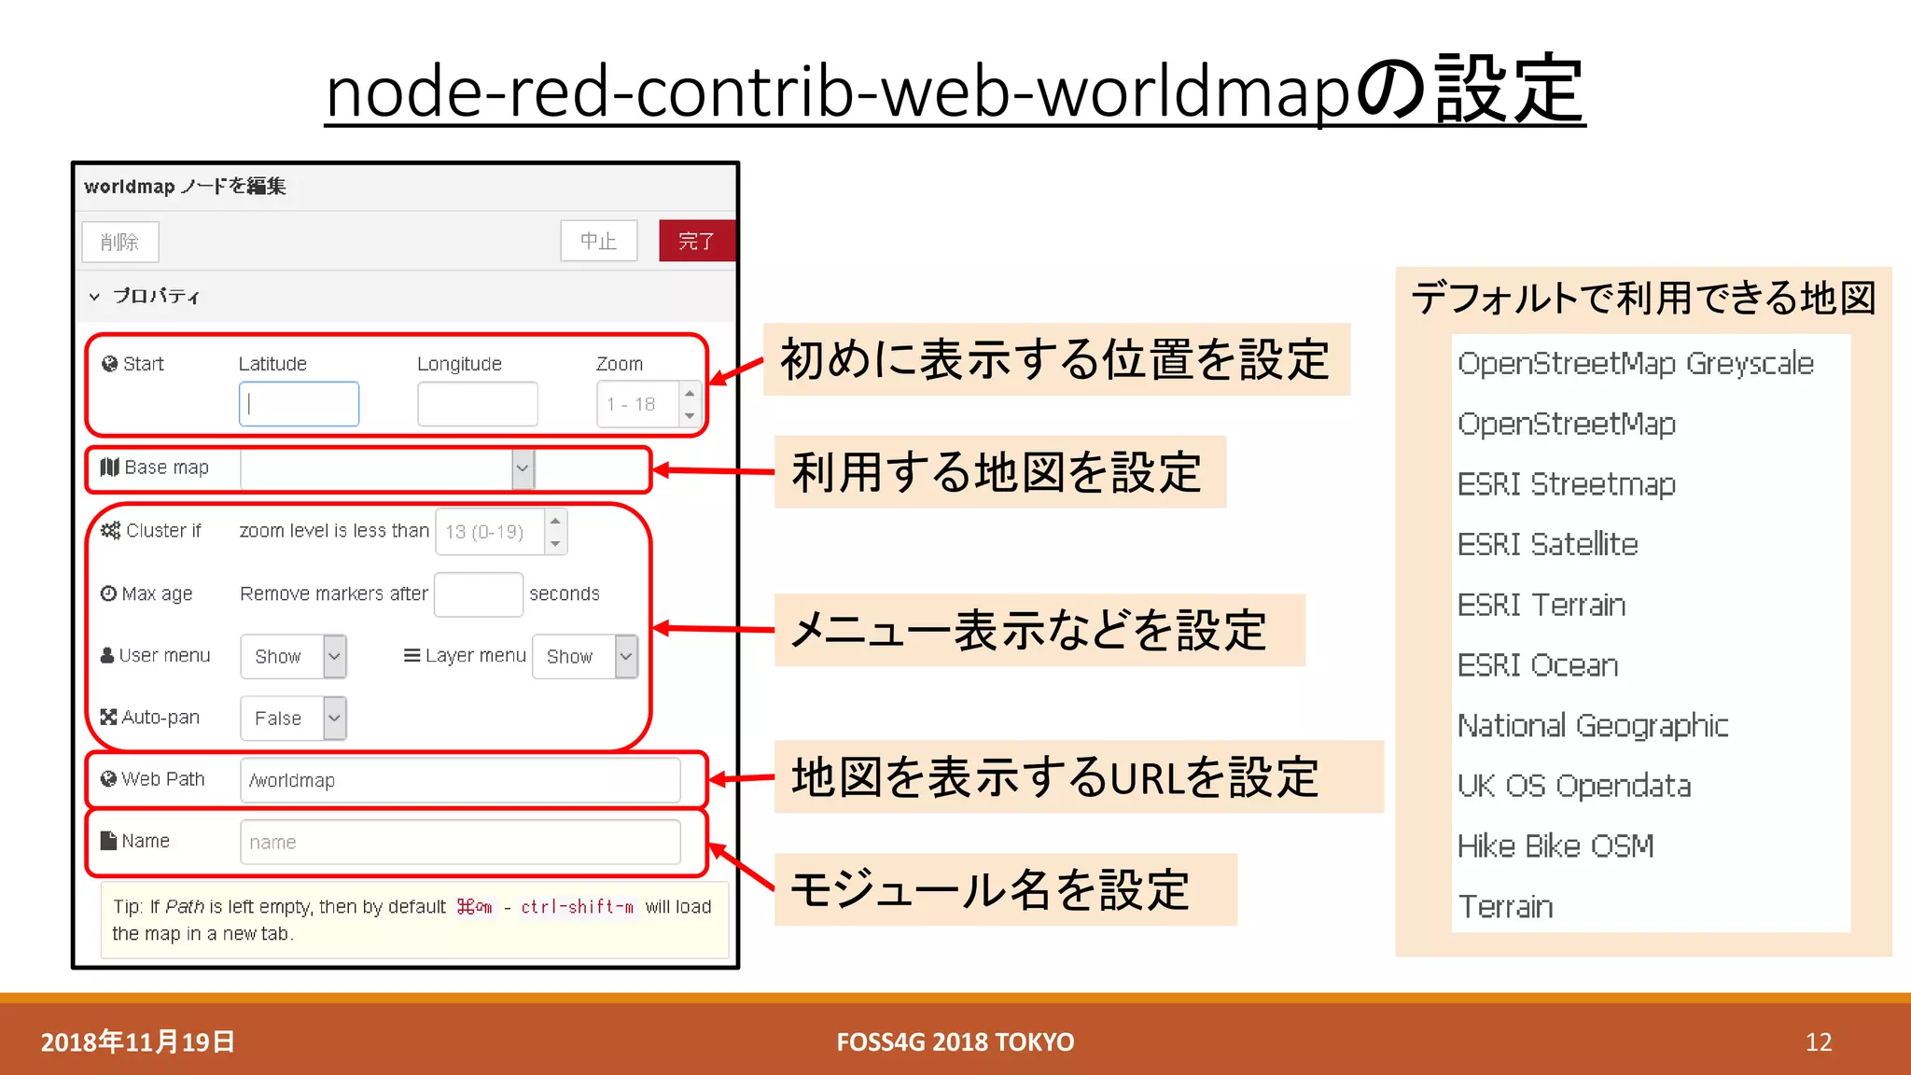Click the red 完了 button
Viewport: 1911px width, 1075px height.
pos(696,241)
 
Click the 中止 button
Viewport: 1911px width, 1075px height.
pos(598,241)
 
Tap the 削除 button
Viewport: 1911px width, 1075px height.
pos(119,242)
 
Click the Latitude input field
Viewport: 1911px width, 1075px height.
pos(299,404)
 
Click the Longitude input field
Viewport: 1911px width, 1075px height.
pos(477,404)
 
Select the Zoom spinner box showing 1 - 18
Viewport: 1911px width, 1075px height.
pos(638,404)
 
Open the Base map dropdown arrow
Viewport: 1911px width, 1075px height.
pos(523,468)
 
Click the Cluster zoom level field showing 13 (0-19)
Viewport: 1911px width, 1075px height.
pos(490,532)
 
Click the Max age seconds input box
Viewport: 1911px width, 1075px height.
pos(478,594)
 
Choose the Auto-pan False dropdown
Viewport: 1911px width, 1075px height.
pos(293,719)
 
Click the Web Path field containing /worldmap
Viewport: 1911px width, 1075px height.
pos(459,780)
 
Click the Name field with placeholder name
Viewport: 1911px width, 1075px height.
pos(459,842)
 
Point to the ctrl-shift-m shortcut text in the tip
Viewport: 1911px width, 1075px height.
pos(577,906)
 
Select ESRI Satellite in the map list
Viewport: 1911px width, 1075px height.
pos(1547,544)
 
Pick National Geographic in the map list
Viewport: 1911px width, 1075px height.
pos(1592,725)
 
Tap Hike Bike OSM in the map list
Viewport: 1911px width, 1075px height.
pos(1555,845)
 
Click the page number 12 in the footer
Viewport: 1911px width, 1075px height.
pos(1818,1041)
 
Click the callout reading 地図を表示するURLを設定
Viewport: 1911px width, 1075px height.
pos(1054,777)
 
